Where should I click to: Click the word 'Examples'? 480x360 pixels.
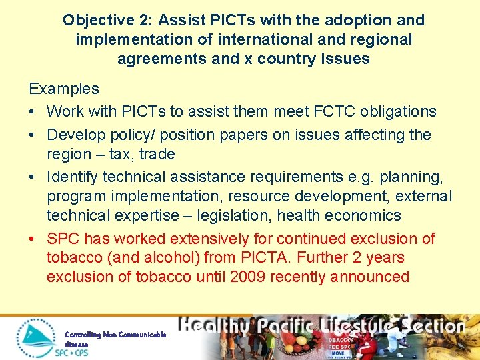[63, 89]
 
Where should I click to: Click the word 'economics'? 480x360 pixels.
[366, 215]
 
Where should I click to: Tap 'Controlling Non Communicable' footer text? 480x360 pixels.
[115, 335]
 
